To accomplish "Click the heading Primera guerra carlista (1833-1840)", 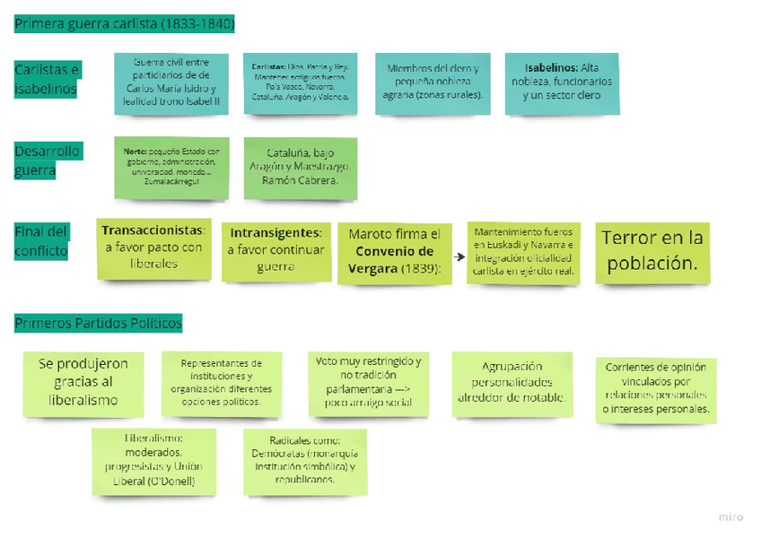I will (124, 24).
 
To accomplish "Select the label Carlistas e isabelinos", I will (47, 80).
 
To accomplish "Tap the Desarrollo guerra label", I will (47, 161).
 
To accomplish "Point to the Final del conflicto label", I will (41, 241).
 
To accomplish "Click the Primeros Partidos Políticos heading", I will (98, 323).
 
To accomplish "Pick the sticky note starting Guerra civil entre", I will (171, 83).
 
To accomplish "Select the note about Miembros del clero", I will (433, 82).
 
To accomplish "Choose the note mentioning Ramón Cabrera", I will (301, 168).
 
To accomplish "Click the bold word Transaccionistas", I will (153, 230).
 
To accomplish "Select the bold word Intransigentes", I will (270, 232).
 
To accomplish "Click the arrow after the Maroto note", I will (459, 255).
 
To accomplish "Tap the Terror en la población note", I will (652, 251).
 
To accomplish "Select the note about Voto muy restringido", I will (368, 382).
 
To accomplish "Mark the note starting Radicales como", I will (305, 460).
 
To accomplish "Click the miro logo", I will (731, 517).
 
